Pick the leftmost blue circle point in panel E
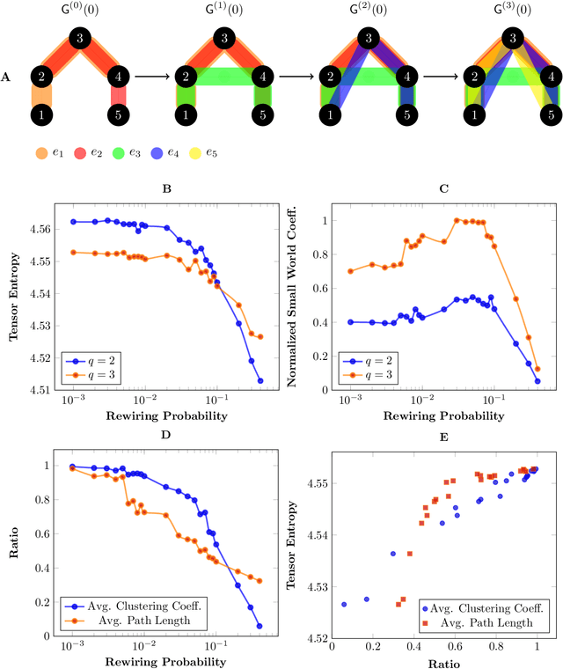coord(344,605)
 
